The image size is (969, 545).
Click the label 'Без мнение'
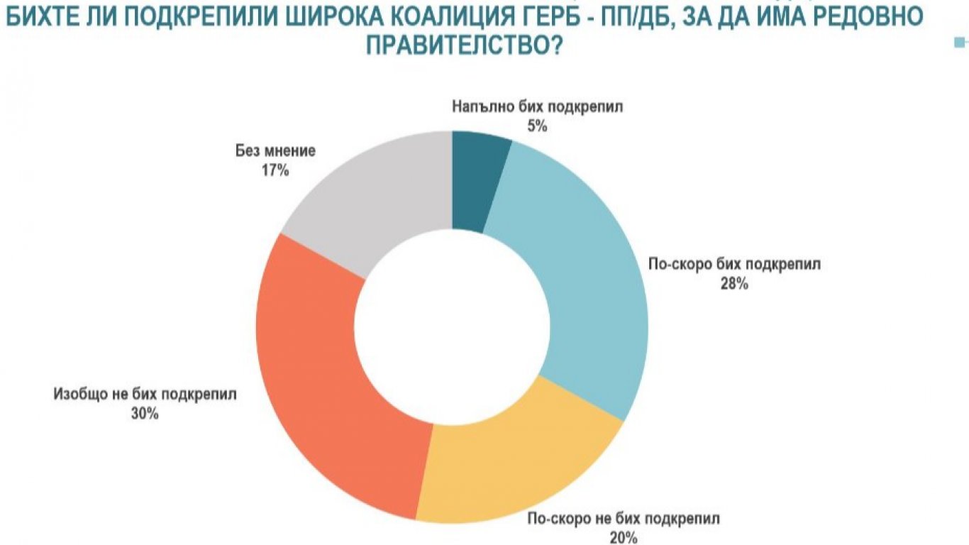(x=275, y=151)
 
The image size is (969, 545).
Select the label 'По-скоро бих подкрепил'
(x=735, y=265)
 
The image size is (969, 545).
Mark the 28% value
(x=735, y=284)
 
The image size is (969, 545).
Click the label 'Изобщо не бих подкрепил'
(x=145, y=395)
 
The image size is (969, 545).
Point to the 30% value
(x=145, y=414)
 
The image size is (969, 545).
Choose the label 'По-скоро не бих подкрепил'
(x=624, y=517)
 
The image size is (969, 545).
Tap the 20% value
(x=624, y=536)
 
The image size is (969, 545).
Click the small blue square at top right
(x=960, y=43)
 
